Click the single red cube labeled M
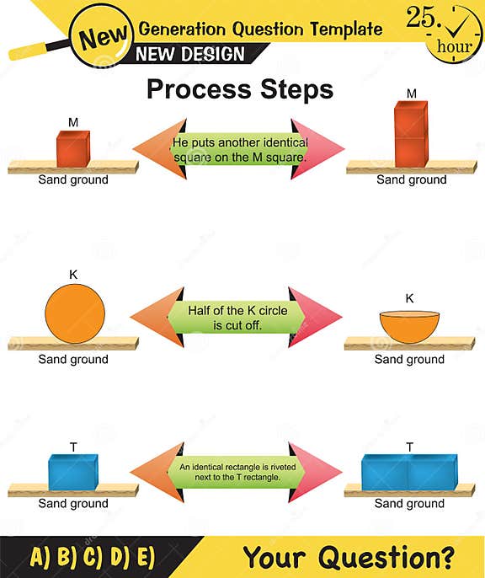tap(73, 148)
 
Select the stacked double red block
tap(412, 135)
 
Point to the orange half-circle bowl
tap(410, 324)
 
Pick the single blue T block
tap(73, 472)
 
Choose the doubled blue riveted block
tap(409, 472)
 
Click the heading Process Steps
tap(240, 89)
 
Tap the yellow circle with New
tap(104, 36)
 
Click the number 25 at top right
tap(424, 19)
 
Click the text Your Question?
tap(349, 556)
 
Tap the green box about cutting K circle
tap(237, 318)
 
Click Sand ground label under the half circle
tap(409, 360)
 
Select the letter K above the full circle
tap(73, 275)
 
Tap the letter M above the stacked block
tap(412, 93)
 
